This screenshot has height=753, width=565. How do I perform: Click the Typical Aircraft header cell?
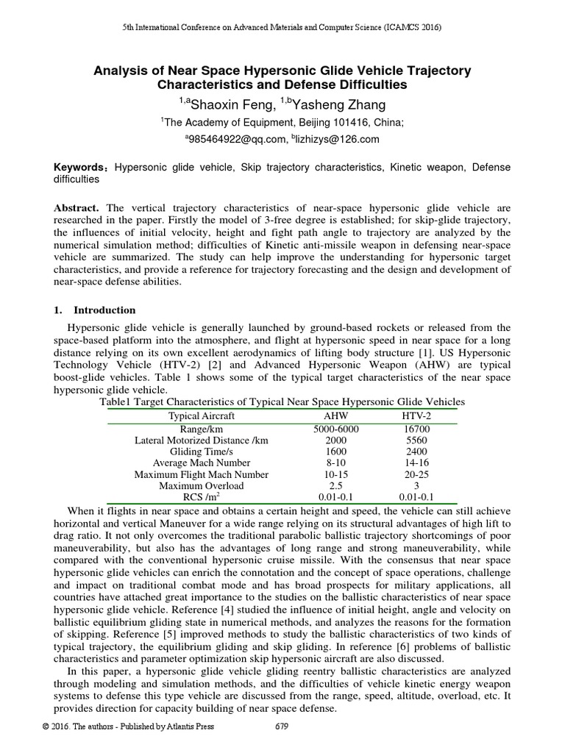(x=202, y=415)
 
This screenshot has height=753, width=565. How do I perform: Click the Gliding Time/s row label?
(x=202, y=451)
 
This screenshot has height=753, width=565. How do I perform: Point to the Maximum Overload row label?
(x=202, y=485)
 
